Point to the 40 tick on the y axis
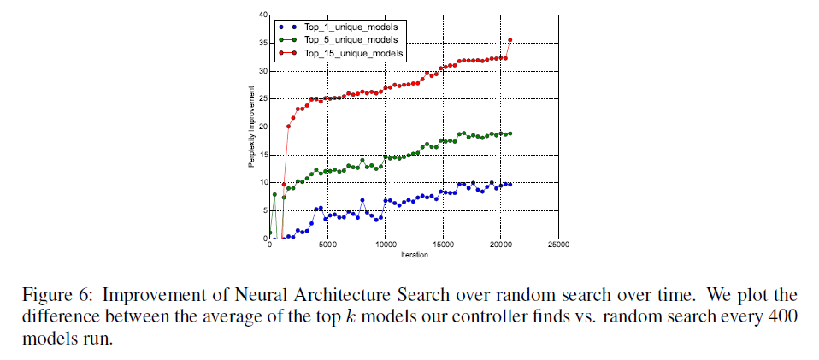tap(262, 15)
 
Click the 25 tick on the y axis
tap(262, 99)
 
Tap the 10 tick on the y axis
tap(262, 183)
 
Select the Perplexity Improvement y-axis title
tap(253, 127)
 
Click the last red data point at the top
tap(510, 39)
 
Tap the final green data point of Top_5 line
tap(510, 133)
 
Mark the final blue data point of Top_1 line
tap(510, 184)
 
